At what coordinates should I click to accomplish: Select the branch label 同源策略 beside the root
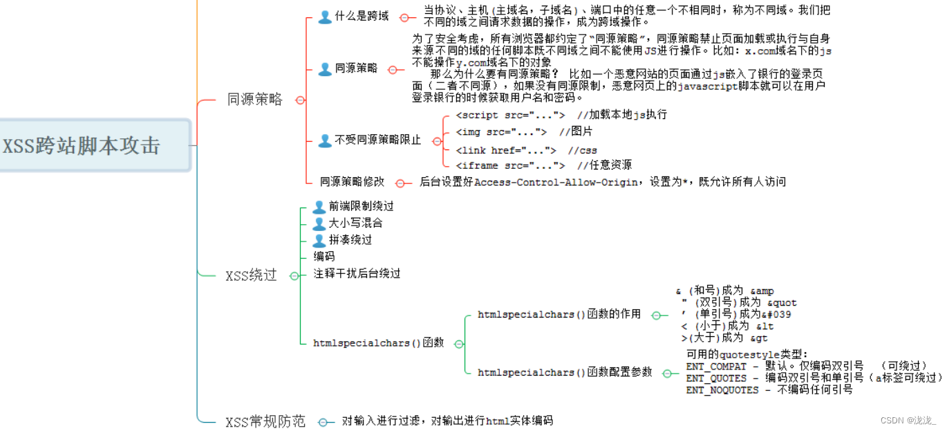pos(254,100)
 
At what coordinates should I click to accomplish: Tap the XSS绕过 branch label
pos(251,275)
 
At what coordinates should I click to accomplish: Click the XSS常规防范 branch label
pos(265,422)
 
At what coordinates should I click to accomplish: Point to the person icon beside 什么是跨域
pos(325,17)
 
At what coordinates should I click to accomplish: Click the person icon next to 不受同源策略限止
pos(325,140)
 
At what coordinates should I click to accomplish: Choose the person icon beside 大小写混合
pos(319,223)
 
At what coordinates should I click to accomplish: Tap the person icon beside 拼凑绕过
pos(319,241)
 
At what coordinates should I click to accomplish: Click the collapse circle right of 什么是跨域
pos(404,18)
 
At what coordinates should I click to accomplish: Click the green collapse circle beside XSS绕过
pos(294,276)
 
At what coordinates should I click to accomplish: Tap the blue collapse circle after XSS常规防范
pos(323,422)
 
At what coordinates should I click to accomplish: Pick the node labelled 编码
pos(324,256)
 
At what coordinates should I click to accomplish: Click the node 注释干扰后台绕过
pos(357,274)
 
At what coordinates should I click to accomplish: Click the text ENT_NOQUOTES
pos(722,390)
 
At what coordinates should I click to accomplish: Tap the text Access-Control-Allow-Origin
pos(556,183)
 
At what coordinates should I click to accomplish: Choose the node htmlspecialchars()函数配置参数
pos(565,372)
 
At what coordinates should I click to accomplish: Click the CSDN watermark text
pos(908,421)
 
